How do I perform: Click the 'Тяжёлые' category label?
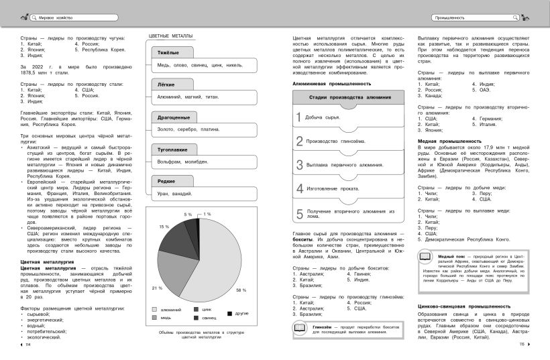tap(168, 52)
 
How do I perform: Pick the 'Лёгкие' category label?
tap(166, 85)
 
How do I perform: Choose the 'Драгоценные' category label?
tap(173, 117)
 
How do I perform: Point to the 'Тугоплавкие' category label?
tap(173, 149)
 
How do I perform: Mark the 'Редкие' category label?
tap(166, 181)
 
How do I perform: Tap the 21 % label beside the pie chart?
tap(158, 288)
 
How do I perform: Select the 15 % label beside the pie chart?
tap(164, 227)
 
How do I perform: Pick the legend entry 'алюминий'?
tap(173, 310)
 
